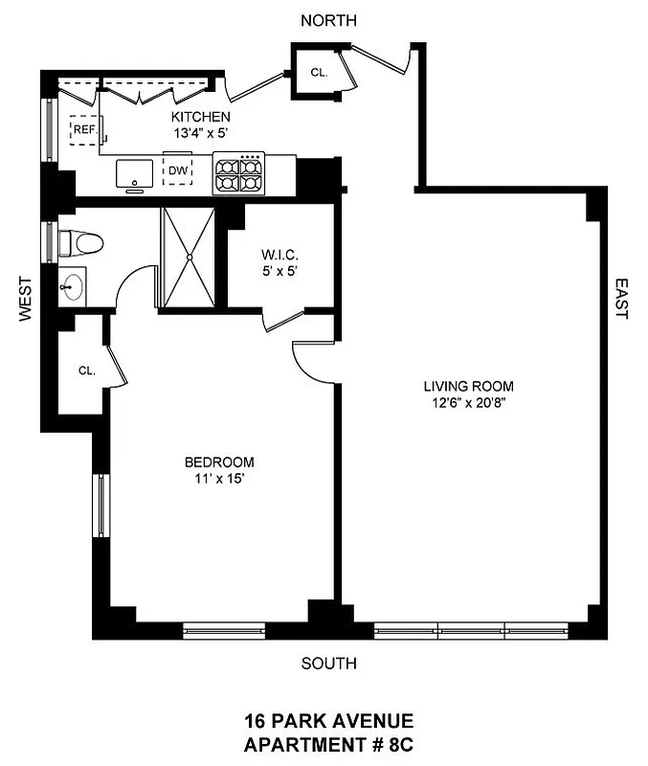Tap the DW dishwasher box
coord(178,171)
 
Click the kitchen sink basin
coord(135,174)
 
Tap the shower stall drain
coord(190,257)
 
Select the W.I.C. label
coord(280,256)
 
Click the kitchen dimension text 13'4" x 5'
coord(201,134)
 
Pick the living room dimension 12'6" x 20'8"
coord(469,403)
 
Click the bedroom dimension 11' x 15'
coord(219,479)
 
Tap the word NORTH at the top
coord(328,20)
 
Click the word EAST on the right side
coord(620,299)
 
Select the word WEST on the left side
coord(26,302)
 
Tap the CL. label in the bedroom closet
coord(85,372)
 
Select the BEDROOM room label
coord(219,462)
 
